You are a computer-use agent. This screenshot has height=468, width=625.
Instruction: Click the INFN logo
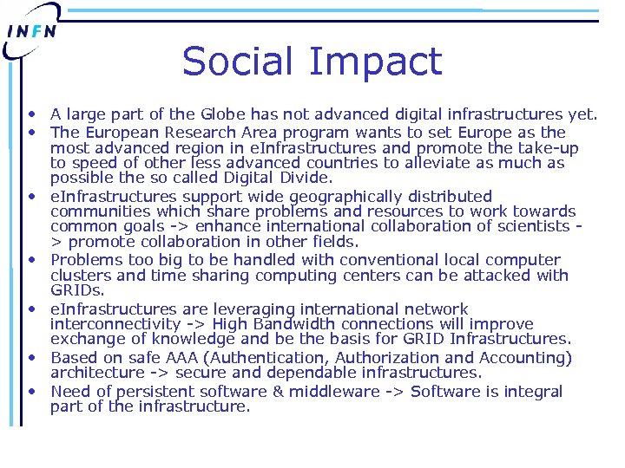(32, 31)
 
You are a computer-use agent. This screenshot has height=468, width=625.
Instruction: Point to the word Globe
(223, 114)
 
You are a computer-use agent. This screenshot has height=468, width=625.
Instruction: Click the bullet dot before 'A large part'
(31, 114)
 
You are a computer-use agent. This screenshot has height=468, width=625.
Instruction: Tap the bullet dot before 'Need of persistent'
(31, 391)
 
